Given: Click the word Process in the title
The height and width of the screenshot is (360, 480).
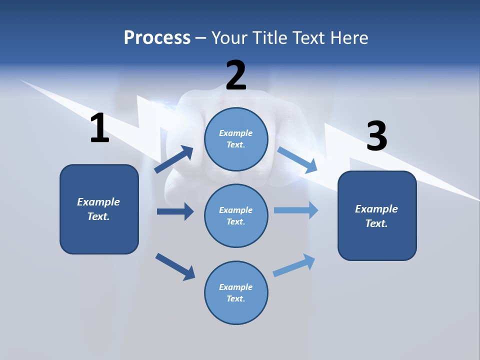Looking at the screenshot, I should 157,38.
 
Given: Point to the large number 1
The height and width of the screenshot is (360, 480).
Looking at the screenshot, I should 99,128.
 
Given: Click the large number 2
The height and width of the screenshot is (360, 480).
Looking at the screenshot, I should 236,75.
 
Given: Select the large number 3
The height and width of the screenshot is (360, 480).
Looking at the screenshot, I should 376,136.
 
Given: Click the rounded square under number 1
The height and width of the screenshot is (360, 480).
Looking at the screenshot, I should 99,209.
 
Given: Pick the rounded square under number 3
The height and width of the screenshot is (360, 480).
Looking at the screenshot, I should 377,216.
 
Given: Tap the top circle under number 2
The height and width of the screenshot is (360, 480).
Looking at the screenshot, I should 236,139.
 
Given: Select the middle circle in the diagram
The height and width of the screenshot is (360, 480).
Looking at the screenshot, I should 236,216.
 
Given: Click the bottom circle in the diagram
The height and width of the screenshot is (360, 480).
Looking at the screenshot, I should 236,293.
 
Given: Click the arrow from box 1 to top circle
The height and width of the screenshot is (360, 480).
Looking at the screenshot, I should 174,159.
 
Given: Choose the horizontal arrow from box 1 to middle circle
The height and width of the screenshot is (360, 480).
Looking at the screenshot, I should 175,212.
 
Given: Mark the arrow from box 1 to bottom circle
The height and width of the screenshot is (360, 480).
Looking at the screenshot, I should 175,266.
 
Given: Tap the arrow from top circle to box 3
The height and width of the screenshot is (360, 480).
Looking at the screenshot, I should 297,159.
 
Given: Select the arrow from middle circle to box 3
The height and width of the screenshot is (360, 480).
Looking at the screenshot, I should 296,210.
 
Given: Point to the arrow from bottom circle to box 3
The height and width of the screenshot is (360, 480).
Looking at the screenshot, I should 294,265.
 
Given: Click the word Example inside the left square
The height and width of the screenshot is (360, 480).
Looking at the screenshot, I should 98,202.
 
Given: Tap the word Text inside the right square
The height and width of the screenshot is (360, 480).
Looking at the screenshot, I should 376,223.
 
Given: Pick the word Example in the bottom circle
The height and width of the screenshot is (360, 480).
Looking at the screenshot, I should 235,287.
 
